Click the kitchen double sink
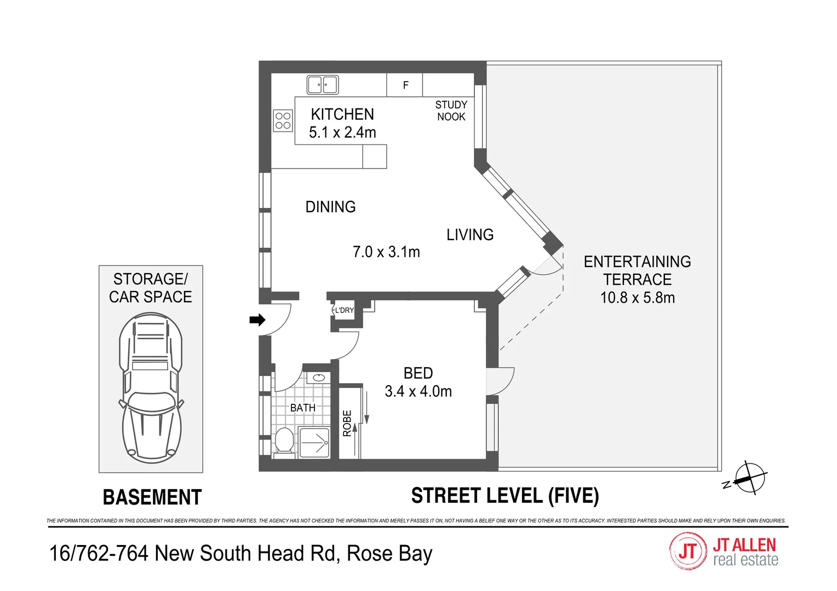[322, 85]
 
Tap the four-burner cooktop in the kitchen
[283, 121]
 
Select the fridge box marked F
[405, 85]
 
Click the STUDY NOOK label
[451, 111]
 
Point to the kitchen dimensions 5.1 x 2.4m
[342, 132]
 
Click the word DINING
[330, 207]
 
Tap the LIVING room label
[469, 235]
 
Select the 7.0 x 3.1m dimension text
[386, 252]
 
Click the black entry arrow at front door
[257, 320]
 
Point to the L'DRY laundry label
[344, 310]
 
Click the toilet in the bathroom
[284, 441]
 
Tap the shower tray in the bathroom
[314, 442]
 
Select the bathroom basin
[318, 378]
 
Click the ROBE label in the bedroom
[347, 423]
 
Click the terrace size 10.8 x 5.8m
[637, 298]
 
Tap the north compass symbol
[748, 478]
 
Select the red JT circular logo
[687, 551]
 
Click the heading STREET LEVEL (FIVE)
[505, 496]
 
